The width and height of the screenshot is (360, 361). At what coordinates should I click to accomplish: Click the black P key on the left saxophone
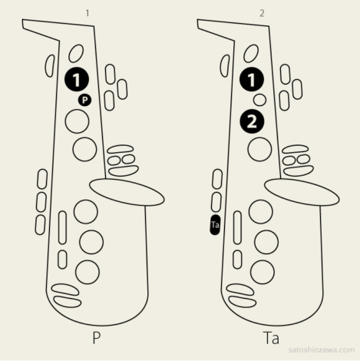pyautogui.click(x=84, y=100)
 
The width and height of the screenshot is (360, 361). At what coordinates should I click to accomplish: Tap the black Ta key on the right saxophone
pyautogui.click(x=215, y=225)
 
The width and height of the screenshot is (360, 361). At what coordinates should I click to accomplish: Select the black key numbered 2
pyautogui.click(x=252, y=122)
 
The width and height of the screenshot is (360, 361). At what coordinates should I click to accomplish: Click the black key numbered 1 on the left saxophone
pyautogui.click(x=77, y=80)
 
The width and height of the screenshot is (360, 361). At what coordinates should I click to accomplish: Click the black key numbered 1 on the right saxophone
pyautogui.click(x=252, y=80)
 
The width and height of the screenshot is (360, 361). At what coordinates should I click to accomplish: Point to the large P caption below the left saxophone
pyautogui.click(x=96, y=338)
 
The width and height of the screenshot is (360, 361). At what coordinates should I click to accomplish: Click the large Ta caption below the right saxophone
pyautogui.click(x=271, y=338)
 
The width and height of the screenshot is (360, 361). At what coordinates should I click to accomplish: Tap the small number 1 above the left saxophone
pyautogui.click(x=88, y=13)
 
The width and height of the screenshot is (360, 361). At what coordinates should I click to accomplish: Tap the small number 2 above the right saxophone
pyautogui.click(x=262, y=13)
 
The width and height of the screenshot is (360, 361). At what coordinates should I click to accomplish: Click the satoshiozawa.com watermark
pyautogui.click(x=322, y=349)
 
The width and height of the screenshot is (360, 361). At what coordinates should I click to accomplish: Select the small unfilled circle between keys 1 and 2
pyautogui.click(x=259, y=100)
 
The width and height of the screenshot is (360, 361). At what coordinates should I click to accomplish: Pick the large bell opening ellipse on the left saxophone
pyautogui.click(x=127, y=192)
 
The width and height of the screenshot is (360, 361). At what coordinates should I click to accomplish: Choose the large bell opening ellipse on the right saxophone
pyautogui.click(x=302, y=192)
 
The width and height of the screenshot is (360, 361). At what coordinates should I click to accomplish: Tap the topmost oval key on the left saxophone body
pyautogui.click(x=76, y=53)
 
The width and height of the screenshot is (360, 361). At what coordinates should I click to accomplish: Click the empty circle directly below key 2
pyautogui.click(x=259, y=149)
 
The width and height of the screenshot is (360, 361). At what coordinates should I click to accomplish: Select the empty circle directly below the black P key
pyautogui.click(x=77, y=121)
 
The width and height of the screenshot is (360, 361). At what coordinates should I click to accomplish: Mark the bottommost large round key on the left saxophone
pyautogui.click(x=88, y=272)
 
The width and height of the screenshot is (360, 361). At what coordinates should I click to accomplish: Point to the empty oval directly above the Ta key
pyautogui.click(x=216, y=202)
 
